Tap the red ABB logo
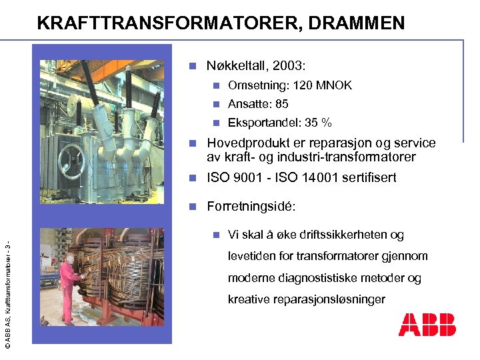click(x=427, y=324)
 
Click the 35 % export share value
click(x=318, y=123)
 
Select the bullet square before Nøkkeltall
click(x=192, y=66)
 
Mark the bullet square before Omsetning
click(x=215, y=85)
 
